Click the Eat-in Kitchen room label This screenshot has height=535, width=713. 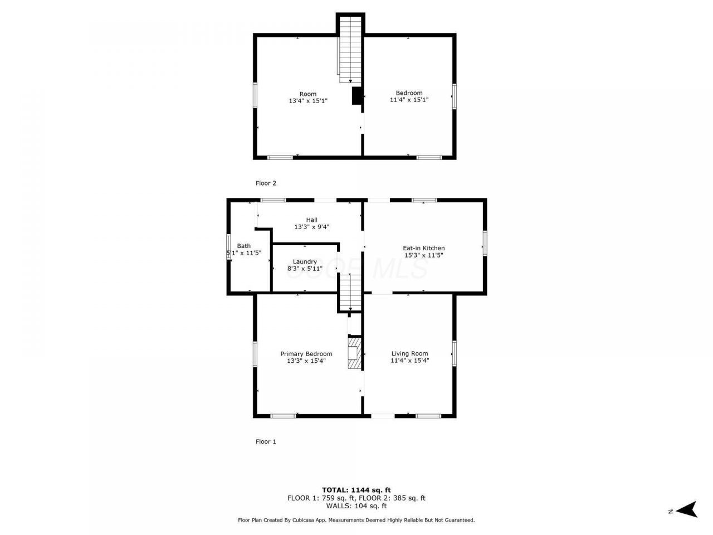[x=423, y=248]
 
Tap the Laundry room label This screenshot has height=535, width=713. [x=305, y=262]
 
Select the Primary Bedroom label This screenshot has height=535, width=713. [x=306, y=354]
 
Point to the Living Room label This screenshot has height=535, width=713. [x=409, y=353]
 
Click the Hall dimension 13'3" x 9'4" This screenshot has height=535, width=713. [x=312, y=227]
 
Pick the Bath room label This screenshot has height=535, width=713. [x=243, y=246]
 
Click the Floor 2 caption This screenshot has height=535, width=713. [x=266, y=183]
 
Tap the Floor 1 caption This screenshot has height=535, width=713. [x=266, y=441]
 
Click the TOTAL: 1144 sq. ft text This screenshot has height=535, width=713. [x=356, y=490]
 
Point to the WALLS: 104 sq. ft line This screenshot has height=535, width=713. [x=356, y=506]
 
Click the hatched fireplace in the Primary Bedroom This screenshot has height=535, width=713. [x=355, y=353]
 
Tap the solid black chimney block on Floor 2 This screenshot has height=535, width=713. [x=357, y=96]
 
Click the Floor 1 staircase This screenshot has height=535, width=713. [x=350, y=293]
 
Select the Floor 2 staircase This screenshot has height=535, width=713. [x=350, y=50]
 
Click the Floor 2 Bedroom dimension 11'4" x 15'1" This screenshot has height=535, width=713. [x=409, y=100]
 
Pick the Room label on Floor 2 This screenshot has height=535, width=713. [x=308, y=94]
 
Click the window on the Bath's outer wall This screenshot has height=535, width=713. [x=229, y=246]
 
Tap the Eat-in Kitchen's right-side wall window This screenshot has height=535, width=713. [x=485, y=243]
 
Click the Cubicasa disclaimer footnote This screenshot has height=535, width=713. [x=356, y=520]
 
